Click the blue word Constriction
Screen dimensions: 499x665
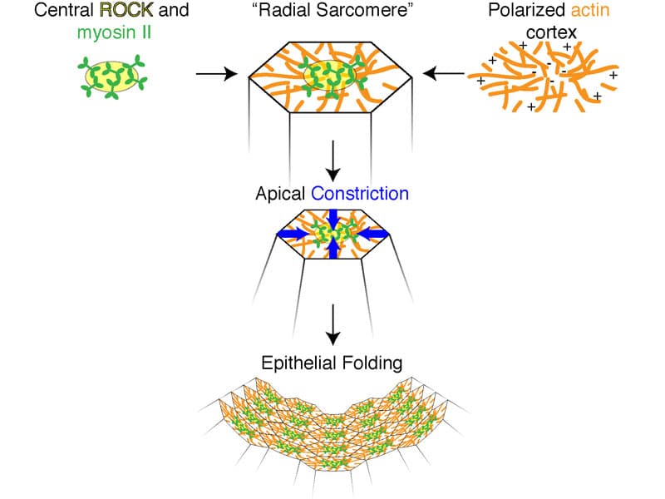click(x=361, y=194)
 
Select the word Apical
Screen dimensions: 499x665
click(x=283, y=194)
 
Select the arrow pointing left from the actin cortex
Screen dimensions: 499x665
click(x=444, y=75)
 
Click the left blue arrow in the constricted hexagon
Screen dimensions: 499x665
click(x=294, y=234)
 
